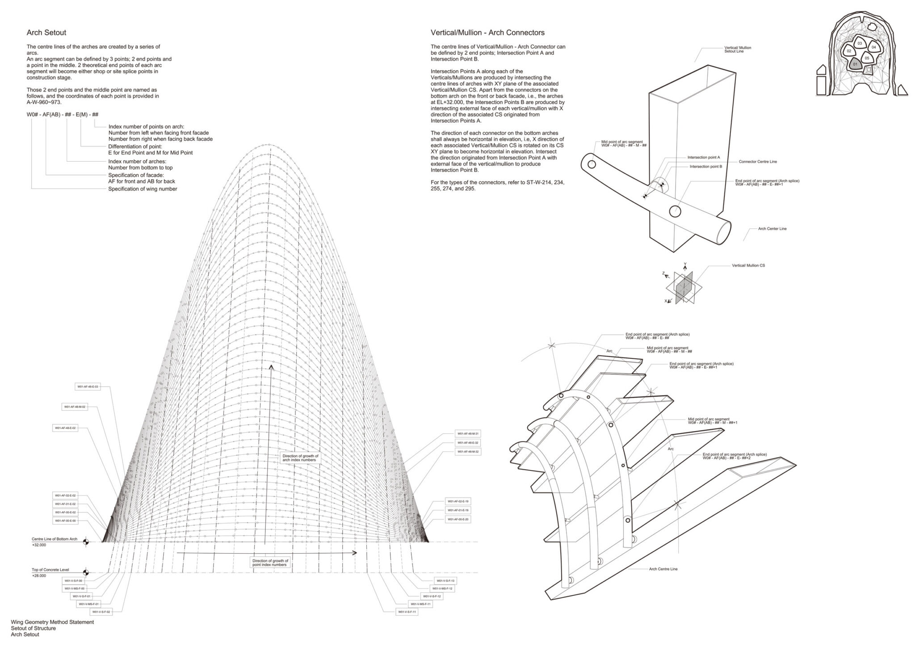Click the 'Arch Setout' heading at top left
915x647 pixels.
click(x=46, y=33)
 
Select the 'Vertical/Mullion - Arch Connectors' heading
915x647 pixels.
click(x=487, y=33)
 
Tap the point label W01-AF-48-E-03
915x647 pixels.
click(x=88, y=387)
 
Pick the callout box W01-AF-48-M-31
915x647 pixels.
click(x=468, y=433)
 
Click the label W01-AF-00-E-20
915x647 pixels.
click(x=458, y=520)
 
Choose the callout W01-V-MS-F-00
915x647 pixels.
click(x=74, y=588)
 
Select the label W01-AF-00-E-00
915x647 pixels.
click(x=65, y=521)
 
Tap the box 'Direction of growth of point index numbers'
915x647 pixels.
click(x=270, y=563)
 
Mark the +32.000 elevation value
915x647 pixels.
click(x=39, y=545)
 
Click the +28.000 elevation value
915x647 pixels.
click(x=39, y=576)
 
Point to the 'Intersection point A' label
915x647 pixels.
click(x=704, y=157)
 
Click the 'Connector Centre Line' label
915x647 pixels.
click(x=758, y=161)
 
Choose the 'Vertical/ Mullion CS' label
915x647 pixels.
click(x=748, y=265)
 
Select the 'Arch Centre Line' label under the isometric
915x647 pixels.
click(x=663, y=569)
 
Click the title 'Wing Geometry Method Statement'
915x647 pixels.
click(x=52, y=622)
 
